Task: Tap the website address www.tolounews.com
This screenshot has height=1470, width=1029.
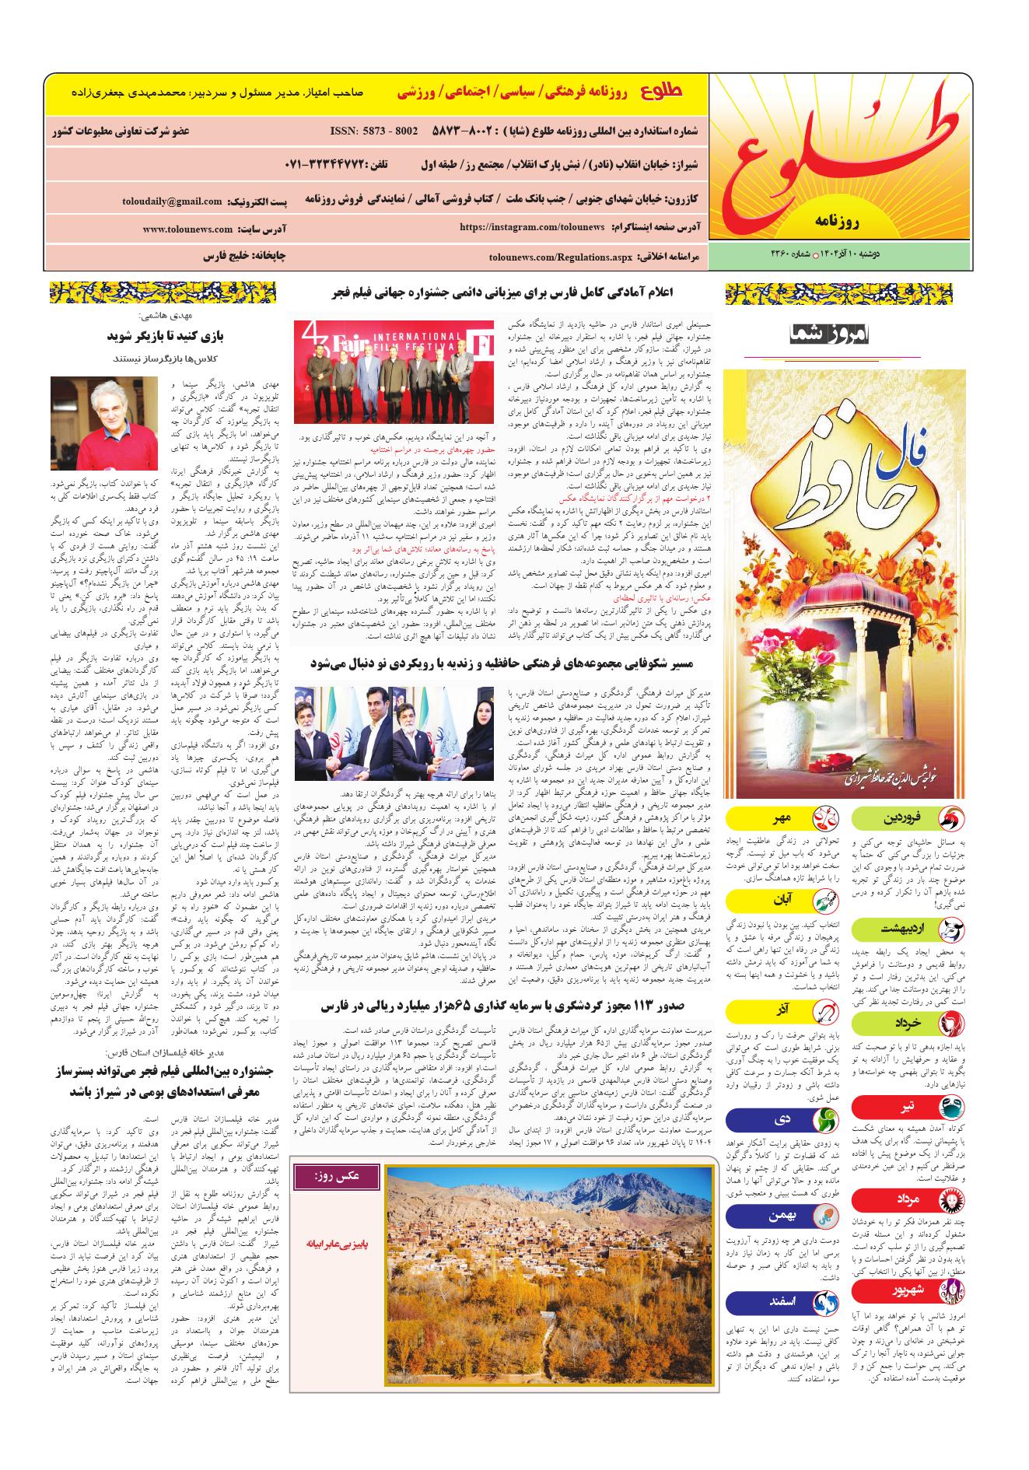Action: click(187, 229)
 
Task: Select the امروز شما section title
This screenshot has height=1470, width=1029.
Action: click(833, 335)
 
